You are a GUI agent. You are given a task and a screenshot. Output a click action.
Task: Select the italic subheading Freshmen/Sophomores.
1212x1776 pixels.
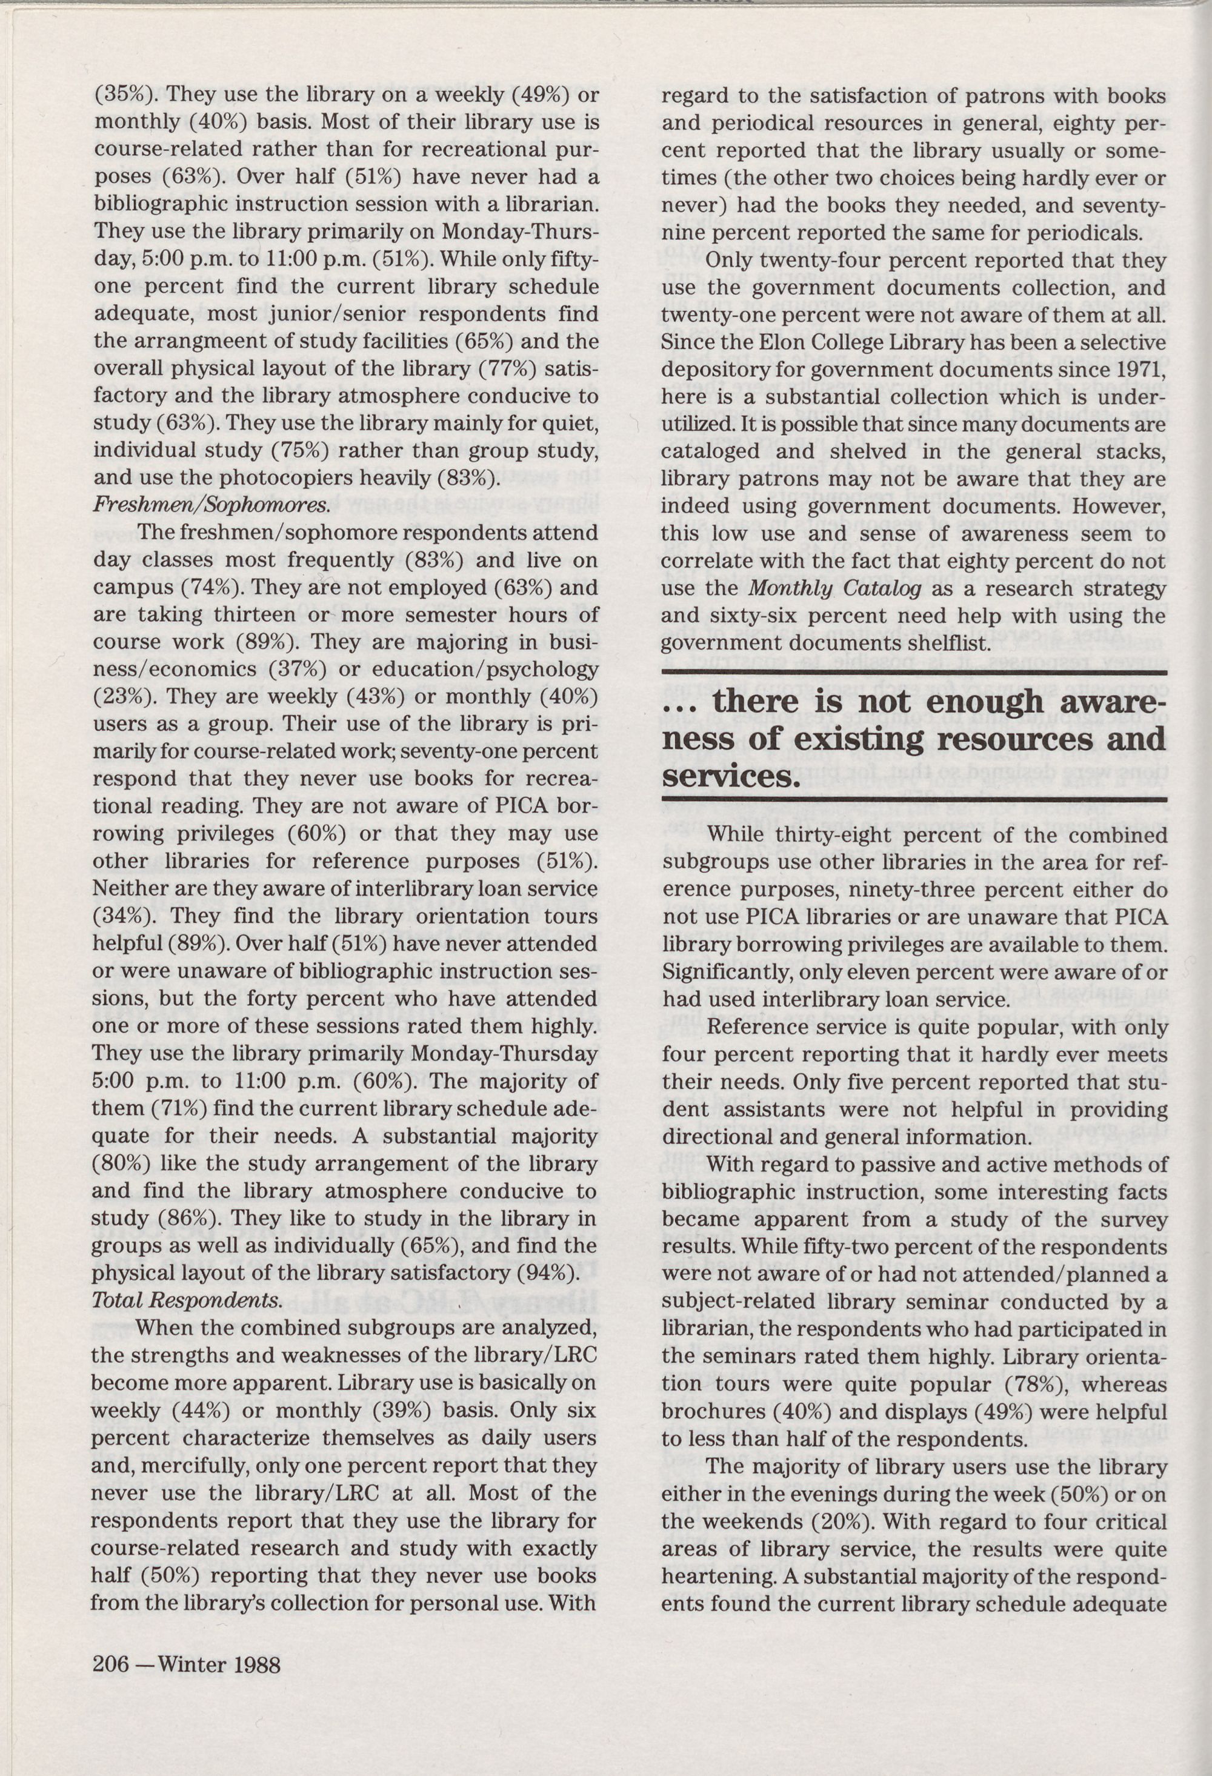211,505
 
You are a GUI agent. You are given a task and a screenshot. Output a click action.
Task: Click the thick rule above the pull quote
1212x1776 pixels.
914,672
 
